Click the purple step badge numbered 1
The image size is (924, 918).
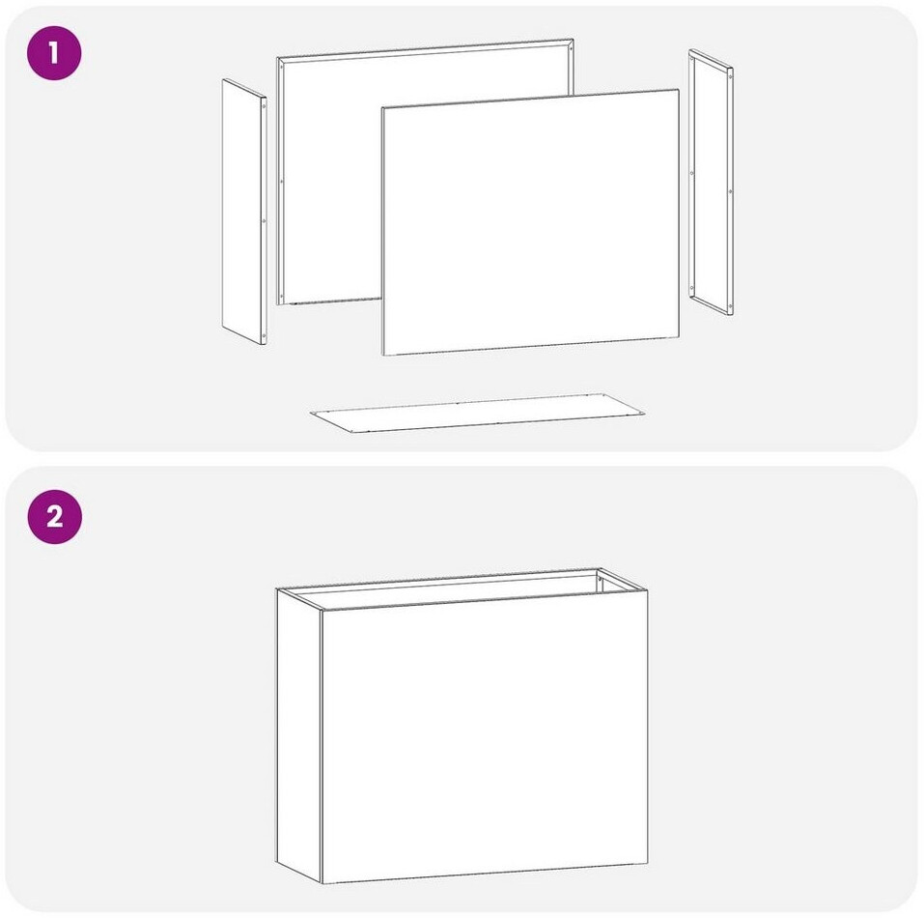(54, 53)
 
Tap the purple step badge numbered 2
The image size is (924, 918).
(55, 516)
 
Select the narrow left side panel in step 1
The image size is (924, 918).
(244, 212)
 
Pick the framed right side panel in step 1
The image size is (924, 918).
(712, 182)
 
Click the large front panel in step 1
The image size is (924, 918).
(531, 222)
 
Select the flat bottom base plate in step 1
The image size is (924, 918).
(477, 413)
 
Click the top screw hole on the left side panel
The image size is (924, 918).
(264, 106)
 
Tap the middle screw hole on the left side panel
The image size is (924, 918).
(264, 221)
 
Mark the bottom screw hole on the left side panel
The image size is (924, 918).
(264, 336)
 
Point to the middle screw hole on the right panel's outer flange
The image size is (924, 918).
(731, 191)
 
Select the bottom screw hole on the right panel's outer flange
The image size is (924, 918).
(731, 306)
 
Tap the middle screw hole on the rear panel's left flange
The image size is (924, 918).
(281, 182)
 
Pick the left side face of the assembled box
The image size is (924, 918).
(298, 735)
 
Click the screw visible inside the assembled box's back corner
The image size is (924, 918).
(601, 580)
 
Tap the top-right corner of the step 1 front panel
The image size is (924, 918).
(679, 90)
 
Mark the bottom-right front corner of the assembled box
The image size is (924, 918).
(648, 864)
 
